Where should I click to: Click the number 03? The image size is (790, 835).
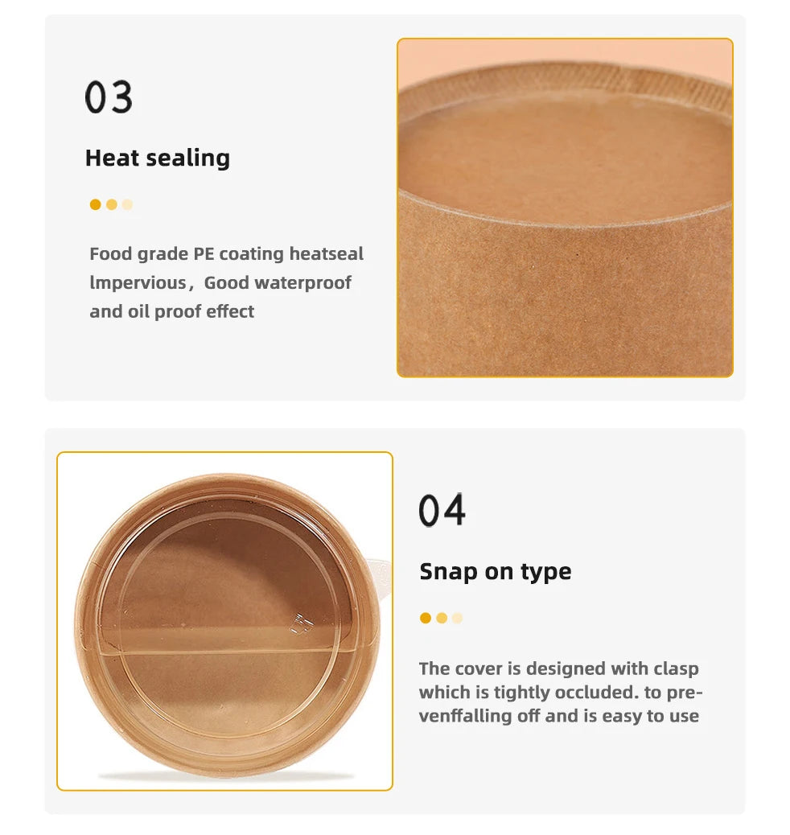pos(109,97)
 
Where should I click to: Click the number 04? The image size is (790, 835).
pos(442,510)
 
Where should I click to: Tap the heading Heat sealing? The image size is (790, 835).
pos(158,158)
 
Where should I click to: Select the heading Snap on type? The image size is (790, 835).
pos(496,572)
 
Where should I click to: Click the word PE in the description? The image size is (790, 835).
pos(204,253)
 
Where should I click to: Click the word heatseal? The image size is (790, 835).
pos(326,253)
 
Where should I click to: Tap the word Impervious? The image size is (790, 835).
pos(138,283)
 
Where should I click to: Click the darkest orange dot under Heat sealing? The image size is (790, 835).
pos(96,204)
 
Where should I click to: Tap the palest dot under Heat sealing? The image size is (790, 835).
pos(127,204)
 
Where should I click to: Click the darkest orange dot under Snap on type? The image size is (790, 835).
pos(425,618)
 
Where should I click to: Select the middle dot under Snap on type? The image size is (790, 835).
pos(442,618)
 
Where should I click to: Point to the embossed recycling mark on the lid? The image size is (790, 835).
pos(301,623)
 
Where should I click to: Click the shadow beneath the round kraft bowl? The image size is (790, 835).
pos(226,777)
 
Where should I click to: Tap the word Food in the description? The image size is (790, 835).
pos(110,253)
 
